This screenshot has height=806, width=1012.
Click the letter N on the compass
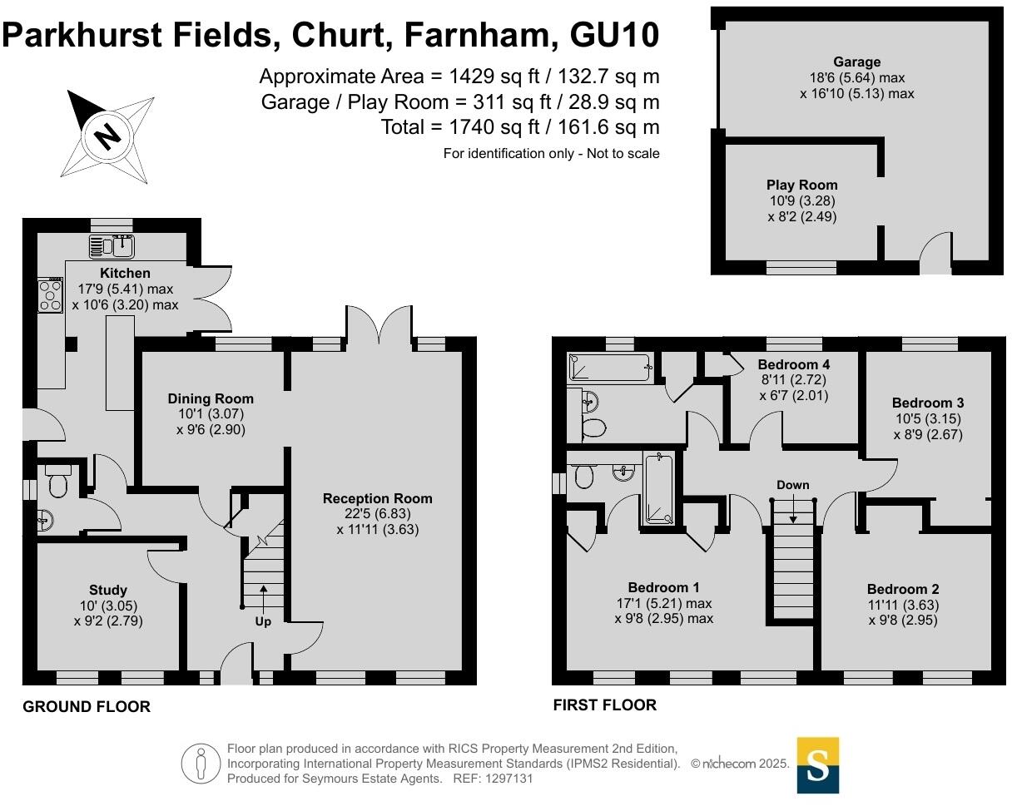tap(107, 135)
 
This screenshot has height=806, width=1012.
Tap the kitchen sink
tap(113, 246)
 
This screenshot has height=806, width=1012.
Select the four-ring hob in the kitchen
tap(50, 295)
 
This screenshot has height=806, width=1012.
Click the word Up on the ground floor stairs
tap(263, 621)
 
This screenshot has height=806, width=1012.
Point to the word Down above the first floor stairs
tap(792, 485)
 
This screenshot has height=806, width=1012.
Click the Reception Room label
tap(377, 498)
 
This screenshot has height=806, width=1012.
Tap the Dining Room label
tap(211, 398)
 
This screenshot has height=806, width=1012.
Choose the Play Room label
tap(801, 185)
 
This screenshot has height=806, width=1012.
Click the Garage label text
tap(856, 62)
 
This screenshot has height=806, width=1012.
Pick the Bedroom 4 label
tap(793, 364)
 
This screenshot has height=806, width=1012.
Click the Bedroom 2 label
tap(902, 589)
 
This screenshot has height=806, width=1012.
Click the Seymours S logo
tap(817, 764)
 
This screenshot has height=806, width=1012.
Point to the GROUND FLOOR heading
tap(87, 707)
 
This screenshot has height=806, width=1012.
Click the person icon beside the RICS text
tap(201, 764)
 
